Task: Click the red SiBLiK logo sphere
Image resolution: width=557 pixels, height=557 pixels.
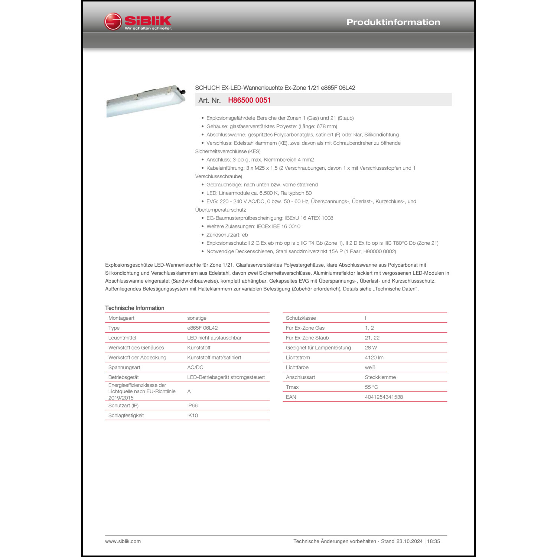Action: (113, 22)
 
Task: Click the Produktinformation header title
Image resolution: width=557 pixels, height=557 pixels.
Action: (393, 22)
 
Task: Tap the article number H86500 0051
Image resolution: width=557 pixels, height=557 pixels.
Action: (249, 100)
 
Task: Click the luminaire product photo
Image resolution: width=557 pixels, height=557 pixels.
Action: (146, 101)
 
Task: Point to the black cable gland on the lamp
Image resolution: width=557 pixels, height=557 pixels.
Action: (182, 90)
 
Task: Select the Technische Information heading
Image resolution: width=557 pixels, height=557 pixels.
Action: (134, 308)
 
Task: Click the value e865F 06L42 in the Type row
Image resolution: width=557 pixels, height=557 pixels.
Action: (202, 328)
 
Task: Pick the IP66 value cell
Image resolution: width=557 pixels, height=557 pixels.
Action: (192, 405)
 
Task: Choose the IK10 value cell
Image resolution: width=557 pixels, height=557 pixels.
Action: (192, 416)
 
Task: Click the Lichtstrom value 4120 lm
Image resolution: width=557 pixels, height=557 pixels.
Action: (374, 358)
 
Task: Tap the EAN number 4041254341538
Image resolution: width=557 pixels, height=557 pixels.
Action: (384, 397)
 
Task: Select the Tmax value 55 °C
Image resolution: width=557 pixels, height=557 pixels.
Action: (371, 387)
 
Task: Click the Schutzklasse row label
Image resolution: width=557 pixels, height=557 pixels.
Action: (301, 318)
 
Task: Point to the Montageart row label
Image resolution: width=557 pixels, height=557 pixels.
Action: (121, 318)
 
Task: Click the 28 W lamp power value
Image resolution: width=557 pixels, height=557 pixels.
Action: (371, 348)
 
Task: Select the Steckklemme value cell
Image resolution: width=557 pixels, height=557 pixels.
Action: (380, 377)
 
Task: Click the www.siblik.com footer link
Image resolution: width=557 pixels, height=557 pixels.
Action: (123, 541)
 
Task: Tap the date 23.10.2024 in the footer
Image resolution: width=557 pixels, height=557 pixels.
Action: (409, 541)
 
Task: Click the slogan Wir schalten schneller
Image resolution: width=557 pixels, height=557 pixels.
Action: (148, 29)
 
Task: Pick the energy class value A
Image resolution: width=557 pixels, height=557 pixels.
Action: (189, 391)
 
